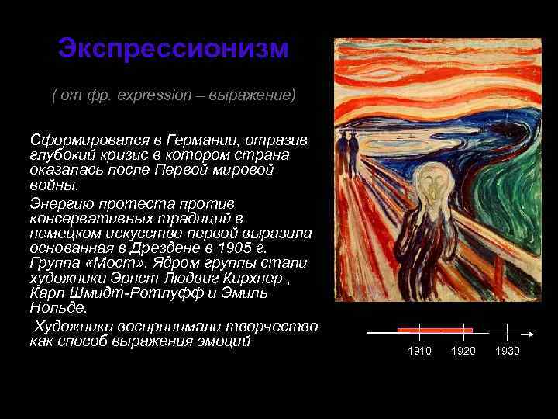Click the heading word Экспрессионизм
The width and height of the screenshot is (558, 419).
coord(173,48)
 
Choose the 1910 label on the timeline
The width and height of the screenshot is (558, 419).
coord(419,351)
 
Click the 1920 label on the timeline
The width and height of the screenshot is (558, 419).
coord(463,351)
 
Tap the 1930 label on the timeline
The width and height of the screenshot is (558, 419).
coord(508,351)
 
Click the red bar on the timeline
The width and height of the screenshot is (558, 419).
coord(434,330)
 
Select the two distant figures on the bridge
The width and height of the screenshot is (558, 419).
coord(346,142)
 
